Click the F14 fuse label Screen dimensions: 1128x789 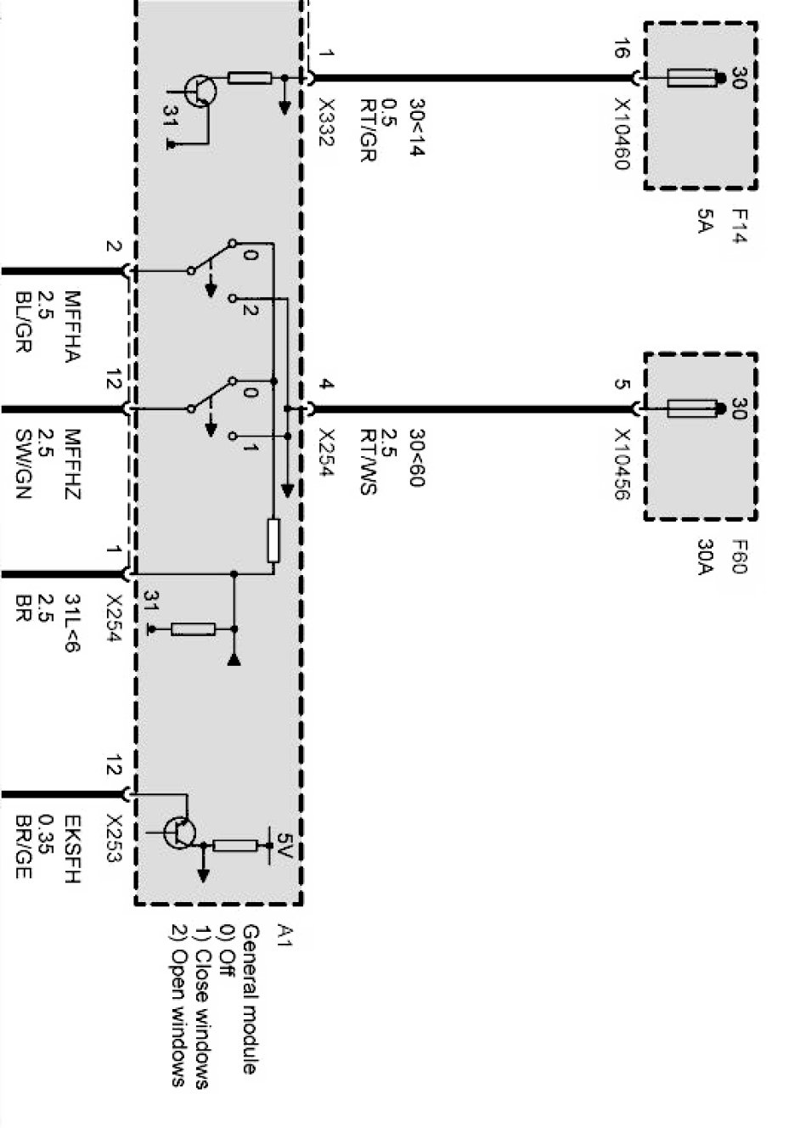point(736,226)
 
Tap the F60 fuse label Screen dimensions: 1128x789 point(736,556)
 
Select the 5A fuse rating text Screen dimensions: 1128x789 point(703,221)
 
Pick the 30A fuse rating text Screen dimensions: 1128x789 point(703,556)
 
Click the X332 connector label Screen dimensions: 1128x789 point(326,122)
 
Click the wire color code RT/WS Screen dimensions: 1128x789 point(367,462)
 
